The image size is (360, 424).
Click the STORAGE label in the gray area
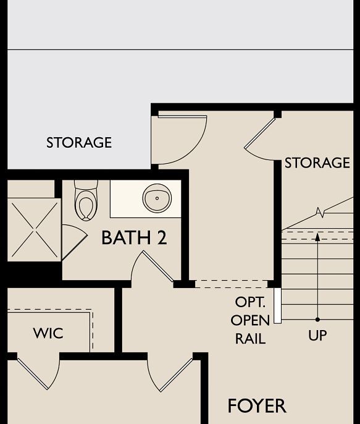(x=79, y=143)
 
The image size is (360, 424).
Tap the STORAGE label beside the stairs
(x=317, y=163)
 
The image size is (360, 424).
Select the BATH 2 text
(x=134, y=238)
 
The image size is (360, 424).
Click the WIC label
(x=48, y=334)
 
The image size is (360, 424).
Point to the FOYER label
(x=257, y=406)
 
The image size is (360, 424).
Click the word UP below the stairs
(x=317, y=336)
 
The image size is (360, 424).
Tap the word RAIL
(x=250, y=339)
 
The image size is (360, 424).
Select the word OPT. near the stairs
(x=250, y=303)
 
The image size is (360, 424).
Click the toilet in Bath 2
(x=86, y=200)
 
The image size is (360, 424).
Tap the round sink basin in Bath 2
(x=157, y=198)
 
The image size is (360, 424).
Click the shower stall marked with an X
(x=33, y=229)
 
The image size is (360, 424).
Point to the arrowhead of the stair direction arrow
(x=317, y=237)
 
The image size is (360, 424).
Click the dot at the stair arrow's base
(x=317, y=320)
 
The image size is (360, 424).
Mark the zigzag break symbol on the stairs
(x=320, y=213)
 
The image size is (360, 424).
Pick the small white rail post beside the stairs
(x=277, y=305)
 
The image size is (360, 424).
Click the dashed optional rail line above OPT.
(x=231, y=284)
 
